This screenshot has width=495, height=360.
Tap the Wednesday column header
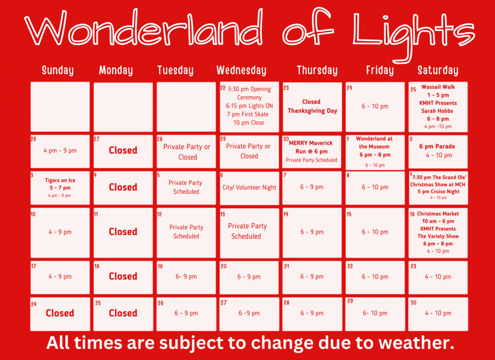[x=241, y=71]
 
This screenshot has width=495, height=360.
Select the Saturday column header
[x=437, y=71]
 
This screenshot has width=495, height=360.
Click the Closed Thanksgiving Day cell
[x=312, y=106]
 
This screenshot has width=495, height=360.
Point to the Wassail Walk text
[x=438, y=87]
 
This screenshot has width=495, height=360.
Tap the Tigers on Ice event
[x=60, y=180]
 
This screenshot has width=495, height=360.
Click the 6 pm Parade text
[x=438, y=146]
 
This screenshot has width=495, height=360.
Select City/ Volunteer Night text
[x=249, y=187]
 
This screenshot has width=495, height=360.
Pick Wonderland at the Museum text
[x=375, y=142]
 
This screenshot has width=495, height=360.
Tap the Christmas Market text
[x=438, y=214]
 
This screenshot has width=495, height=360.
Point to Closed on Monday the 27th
[x=123, y=150]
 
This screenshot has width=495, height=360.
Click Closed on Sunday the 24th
[x=60, y=313]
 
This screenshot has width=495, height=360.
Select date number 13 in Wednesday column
[x=223, y=214]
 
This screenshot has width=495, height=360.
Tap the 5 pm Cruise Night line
[x=438, y=192]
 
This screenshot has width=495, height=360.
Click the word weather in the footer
[x=416, y=343]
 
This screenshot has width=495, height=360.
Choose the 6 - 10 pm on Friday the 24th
[x=375, y=106]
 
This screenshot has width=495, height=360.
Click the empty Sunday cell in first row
[x=60, y=106]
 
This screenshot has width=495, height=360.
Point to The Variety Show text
[x=438, y=236]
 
